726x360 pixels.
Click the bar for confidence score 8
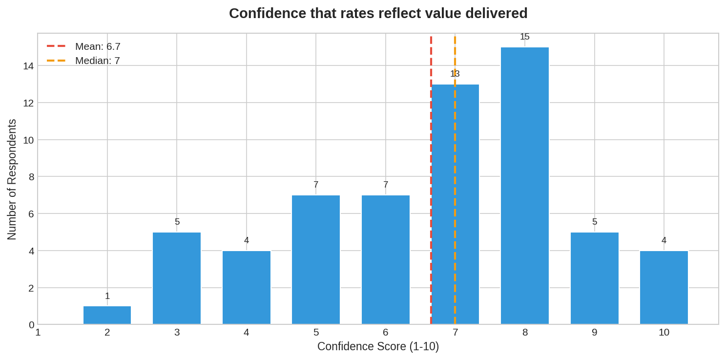(x=525, y=186)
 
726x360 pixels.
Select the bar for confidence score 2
(x=107, y=315)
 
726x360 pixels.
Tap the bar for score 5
(x=316, y=259)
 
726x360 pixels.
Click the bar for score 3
(x=177, y=278)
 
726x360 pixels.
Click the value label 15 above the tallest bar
(x=525, y=37)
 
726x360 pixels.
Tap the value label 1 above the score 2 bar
(x=107, y=296)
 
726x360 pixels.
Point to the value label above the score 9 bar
(x=595, y=222)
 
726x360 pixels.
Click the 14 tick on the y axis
(x=28, y=66)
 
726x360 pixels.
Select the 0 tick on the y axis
(x=32, y=325)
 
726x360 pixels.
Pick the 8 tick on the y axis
(x=32, y=177)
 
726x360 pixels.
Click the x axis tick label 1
(x=38, y=333)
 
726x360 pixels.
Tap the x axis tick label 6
(x=386, y=333)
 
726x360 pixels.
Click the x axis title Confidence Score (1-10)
(x=378, y=346)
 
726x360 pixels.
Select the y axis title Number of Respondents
(x=12, y=179)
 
